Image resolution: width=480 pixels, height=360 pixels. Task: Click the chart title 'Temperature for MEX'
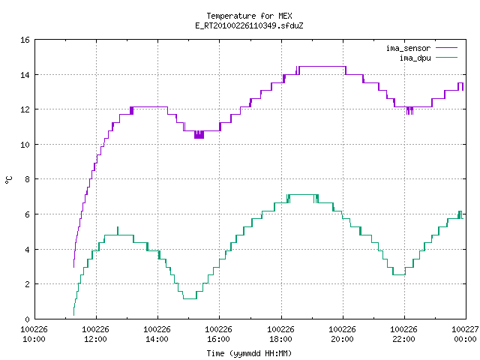coord(249,16)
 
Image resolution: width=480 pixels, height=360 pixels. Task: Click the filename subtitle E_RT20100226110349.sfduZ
coord(249,25)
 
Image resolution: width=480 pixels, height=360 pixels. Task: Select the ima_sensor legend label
coord(408,48)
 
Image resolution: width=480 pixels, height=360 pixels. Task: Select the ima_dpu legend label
coord(415,58)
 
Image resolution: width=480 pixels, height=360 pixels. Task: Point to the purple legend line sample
coord(446,48)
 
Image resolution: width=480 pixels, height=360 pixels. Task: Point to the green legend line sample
coord(446,58)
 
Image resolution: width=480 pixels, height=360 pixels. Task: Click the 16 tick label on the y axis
coord(25,40)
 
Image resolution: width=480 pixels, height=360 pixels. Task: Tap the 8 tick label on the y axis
coord(27,179)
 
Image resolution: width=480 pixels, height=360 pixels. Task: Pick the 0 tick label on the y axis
coord(27,319)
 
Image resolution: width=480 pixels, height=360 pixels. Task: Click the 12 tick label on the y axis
coord(25,109)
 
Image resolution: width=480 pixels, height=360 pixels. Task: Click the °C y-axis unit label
coord(9,180)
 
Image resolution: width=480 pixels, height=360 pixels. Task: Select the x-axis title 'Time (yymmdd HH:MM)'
coord(249,353)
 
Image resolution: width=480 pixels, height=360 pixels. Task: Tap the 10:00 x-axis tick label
coord(34,339)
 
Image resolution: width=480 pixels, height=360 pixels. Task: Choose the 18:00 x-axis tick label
coord(280,339)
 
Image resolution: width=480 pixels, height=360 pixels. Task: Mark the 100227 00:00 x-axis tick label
coord(465,334)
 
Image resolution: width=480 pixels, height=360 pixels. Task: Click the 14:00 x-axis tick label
coord(157,339)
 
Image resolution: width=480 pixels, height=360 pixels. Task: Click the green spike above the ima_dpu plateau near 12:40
coord(118,230)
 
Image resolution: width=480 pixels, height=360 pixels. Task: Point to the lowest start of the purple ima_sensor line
coord(73,267)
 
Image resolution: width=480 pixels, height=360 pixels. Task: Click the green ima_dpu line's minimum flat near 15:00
coord(190,298)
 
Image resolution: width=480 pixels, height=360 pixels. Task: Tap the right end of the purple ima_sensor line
coord(463,90)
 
